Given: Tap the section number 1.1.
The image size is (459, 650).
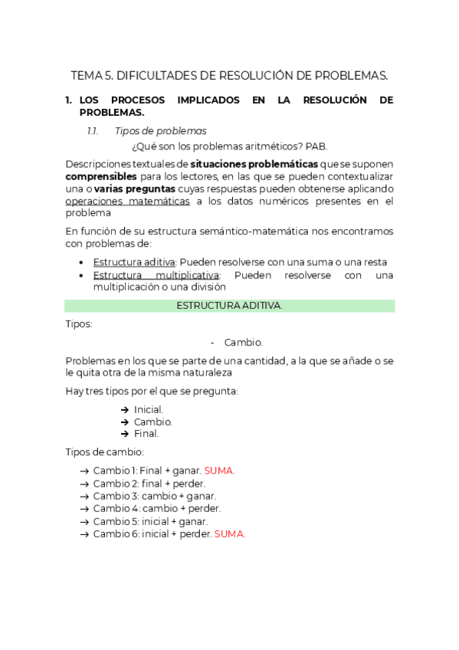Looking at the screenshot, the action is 93,131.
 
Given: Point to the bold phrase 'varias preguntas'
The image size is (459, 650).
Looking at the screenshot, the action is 134,189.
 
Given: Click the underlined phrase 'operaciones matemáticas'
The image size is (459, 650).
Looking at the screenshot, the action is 128,201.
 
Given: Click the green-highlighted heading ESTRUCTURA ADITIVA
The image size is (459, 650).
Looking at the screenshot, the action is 230,305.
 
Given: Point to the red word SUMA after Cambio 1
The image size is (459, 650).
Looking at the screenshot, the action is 219,471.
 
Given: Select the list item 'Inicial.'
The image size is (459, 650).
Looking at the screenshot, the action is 149,409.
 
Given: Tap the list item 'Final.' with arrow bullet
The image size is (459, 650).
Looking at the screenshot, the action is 146,433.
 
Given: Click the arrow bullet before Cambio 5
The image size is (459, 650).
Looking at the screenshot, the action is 84,521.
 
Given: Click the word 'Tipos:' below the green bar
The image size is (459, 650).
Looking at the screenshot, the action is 79,324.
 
